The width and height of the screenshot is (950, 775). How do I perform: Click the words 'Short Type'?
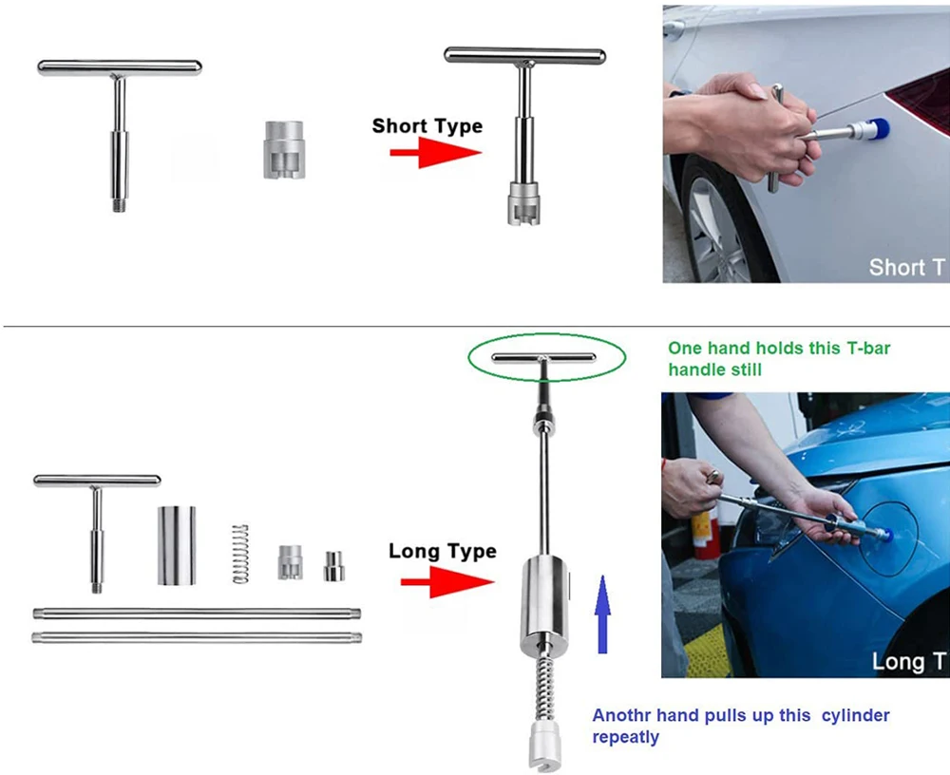click(427, 126)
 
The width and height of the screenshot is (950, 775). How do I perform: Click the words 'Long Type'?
click(443, 552)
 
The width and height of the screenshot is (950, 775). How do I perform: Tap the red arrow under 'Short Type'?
click(436, 152)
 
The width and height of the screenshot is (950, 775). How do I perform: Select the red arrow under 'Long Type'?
click(447, 582)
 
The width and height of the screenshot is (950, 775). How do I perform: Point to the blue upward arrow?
click(602, 614)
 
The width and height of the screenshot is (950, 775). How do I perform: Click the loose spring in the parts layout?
click(240, 554)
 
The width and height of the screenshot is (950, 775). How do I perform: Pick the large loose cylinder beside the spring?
click(177, 545)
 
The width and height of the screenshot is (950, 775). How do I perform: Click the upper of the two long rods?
click(197, 614)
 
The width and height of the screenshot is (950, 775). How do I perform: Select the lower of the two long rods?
click(197, 637)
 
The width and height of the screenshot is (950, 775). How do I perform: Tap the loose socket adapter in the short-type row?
click(284, 150)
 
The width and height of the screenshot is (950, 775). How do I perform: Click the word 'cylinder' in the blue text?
click(856, 715)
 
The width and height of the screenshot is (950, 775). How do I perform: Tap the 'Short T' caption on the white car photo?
click(906, 267)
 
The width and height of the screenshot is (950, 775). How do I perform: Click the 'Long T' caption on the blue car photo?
click(908, 662)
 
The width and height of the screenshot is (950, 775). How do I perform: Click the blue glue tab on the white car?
click(879, 128)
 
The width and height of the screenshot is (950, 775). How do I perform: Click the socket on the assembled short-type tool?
click(523, 202)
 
